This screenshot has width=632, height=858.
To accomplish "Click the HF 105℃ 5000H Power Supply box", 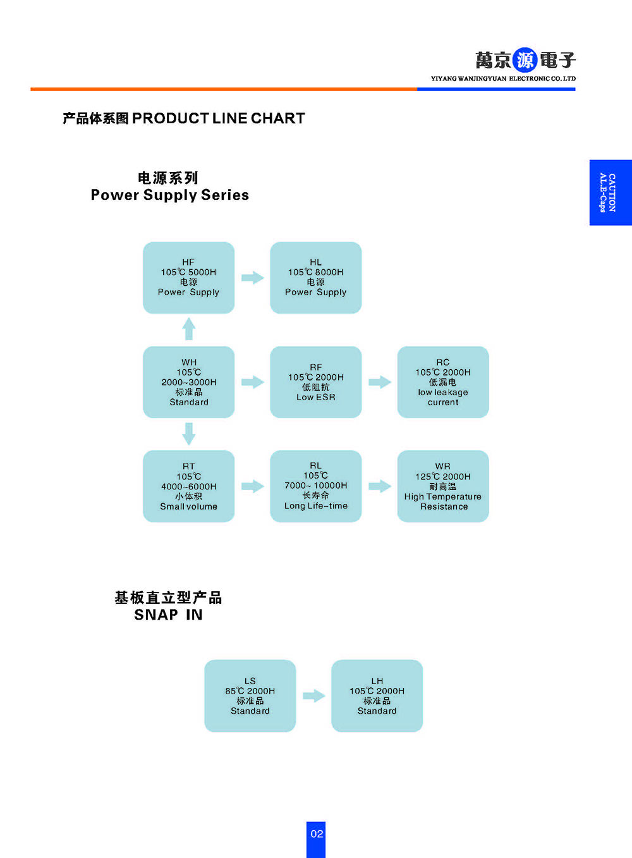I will coord(188,278).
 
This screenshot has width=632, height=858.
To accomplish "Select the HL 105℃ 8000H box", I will coord(315,278).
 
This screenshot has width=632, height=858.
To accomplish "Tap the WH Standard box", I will coord(188,382).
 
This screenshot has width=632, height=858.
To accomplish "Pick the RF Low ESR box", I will coord(315,382).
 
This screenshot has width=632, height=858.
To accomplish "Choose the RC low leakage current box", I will coord(442,382).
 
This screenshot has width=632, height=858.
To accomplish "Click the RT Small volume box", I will coord(188,486).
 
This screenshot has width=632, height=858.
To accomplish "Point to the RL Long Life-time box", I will coord(315,486).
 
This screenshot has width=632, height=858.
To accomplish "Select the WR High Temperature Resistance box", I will coord(442,486).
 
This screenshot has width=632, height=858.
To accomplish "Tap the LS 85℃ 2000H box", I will coord(250,696).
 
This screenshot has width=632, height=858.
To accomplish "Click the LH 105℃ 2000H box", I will coord(377,696).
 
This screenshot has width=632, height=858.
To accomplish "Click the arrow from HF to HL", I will coord(252,278).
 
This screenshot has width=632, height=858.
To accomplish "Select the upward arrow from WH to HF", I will coord(188,329).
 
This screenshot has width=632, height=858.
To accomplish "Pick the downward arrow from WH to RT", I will coord(188,434).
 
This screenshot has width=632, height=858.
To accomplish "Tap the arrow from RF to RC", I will coord(379,382).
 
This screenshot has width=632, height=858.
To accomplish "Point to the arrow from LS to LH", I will coord(313,696).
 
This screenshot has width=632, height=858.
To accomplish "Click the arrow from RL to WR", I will coord(379,486).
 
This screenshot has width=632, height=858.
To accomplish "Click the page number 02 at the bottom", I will coord(316,834).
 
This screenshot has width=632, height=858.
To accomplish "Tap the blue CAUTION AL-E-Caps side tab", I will coord(610,192).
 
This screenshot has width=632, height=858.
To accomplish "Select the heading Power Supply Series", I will coord(169,195).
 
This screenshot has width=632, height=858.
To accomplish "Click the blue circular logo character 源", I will coord(525,60).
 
